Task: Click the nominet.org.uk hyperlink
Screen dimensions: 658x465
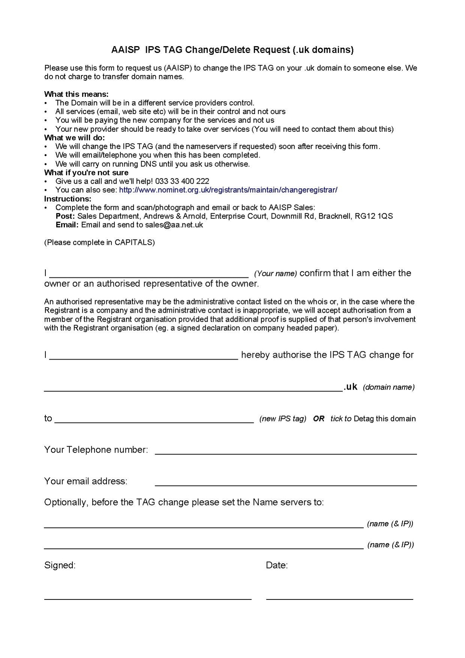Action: click(228, 190)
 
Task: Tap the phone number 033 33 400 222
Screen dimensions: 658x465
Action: click(182, 181)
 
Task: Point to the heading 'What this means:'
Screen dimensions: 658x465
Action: click(76, 94)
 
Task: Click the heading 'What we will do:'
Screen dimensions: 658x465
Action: click(74, 137)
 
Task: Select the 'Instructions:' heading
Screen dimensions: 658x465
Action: click(68, 199)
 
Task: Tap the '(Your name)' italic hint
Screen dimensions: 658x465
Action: click(275, 274)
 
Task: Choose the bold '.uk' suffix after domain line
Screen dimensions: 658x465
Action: click(351, 387)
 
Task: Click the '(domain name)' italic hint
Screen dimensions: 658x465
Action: click(388, 387)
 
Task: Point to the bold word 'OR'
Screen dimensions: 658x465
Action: click(319, 419)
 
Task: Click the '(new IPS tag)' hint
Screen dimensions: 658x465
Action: click(283, 419)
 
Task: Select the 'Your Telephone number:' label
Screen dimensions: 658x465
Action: click(96, 450)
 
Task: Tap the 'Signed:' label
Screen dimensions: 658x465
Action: click(60, 565)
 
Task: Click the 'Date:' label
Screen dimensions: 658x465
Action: click(277, 565)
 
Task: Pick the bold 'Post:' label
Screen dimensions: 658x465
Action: click(65, 216)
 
